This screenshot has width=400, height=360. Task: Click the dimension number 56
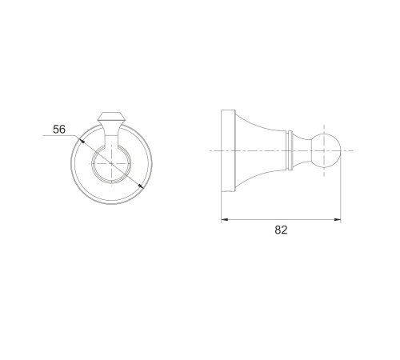[59, 130]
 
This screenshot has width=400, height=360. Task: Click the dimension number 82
[281, 230]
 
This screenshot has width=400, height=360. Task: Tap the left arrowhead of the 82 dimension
[225, 220]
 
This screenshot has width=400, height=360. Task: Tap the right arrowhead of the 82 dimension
[338, 220]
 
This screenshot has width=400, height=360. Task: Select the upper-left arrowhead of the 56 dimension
[82, 140]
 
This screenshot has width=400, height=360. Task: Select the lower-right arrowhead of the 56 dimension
[141, 186]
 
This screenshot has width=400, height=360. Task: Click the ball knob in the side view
[326, 150]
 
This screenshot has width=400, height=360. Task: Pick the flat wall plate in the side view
[228, 150]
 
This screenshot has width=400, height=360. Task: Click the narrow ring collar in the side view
[289, 150]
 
